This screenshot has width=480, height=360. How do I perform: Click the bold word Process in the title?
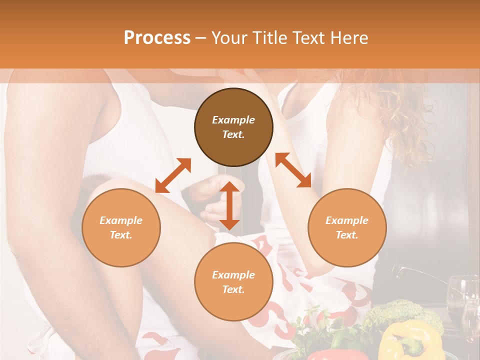tap(157, 38)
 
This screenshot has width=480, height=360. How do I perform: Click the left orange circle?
tap(121, 227)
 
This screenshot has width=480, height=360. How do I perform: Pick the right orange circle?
tap(346, 227)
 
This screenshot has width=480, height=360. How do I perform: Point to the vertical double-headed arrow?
tap(229, 205)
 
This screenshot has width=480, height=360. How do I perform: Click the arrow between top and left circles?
tap(173, 175)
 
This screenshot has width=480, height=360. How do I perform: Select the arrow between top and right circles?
tap(293, 170)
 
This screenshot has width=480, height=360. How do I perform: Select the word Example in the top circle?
tap(233, 120)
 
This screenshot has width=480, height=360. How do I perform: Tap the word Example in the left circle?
tap(121, 220)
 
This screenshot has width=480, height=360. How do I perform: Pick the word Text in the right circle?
tap(346, 235)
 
